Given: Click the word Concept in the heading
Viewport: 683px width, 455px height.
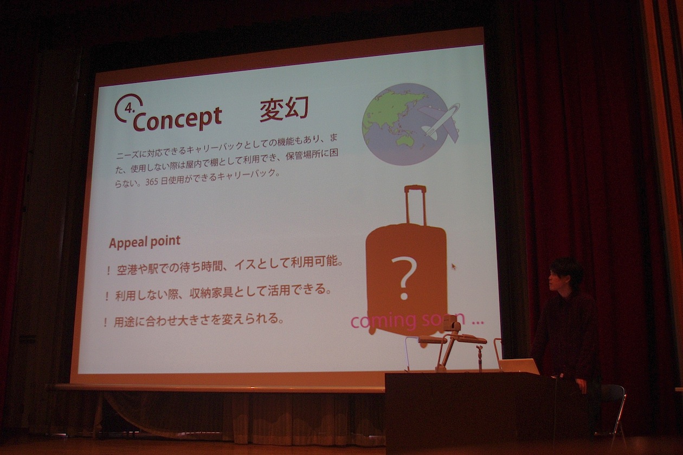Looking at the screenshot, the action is click(x=177, y=118).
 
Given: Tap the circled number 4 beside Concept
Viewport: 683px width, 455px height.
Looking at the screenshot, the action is click(x=128, y=108).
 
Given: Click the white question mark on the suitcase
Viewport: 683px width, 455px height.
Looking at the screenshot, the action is click(x=404, y=278).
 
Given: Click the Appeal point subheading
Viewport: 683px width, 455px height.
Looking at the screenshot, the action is click(x=145, y=242).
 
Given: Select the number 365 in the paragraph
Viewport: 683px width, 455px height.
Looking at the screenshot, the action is click(x=152, y=183).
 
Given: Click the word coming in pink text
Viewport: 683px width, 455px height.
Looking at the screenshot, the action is click(x=383, y=321).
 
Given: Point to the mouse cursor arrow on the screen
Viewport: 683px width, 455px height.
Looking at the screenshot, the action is click(x=454, y=266).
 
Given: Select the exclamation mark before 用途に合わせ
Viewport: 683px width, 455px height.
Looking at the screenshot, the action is click(x=105, y=322).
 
